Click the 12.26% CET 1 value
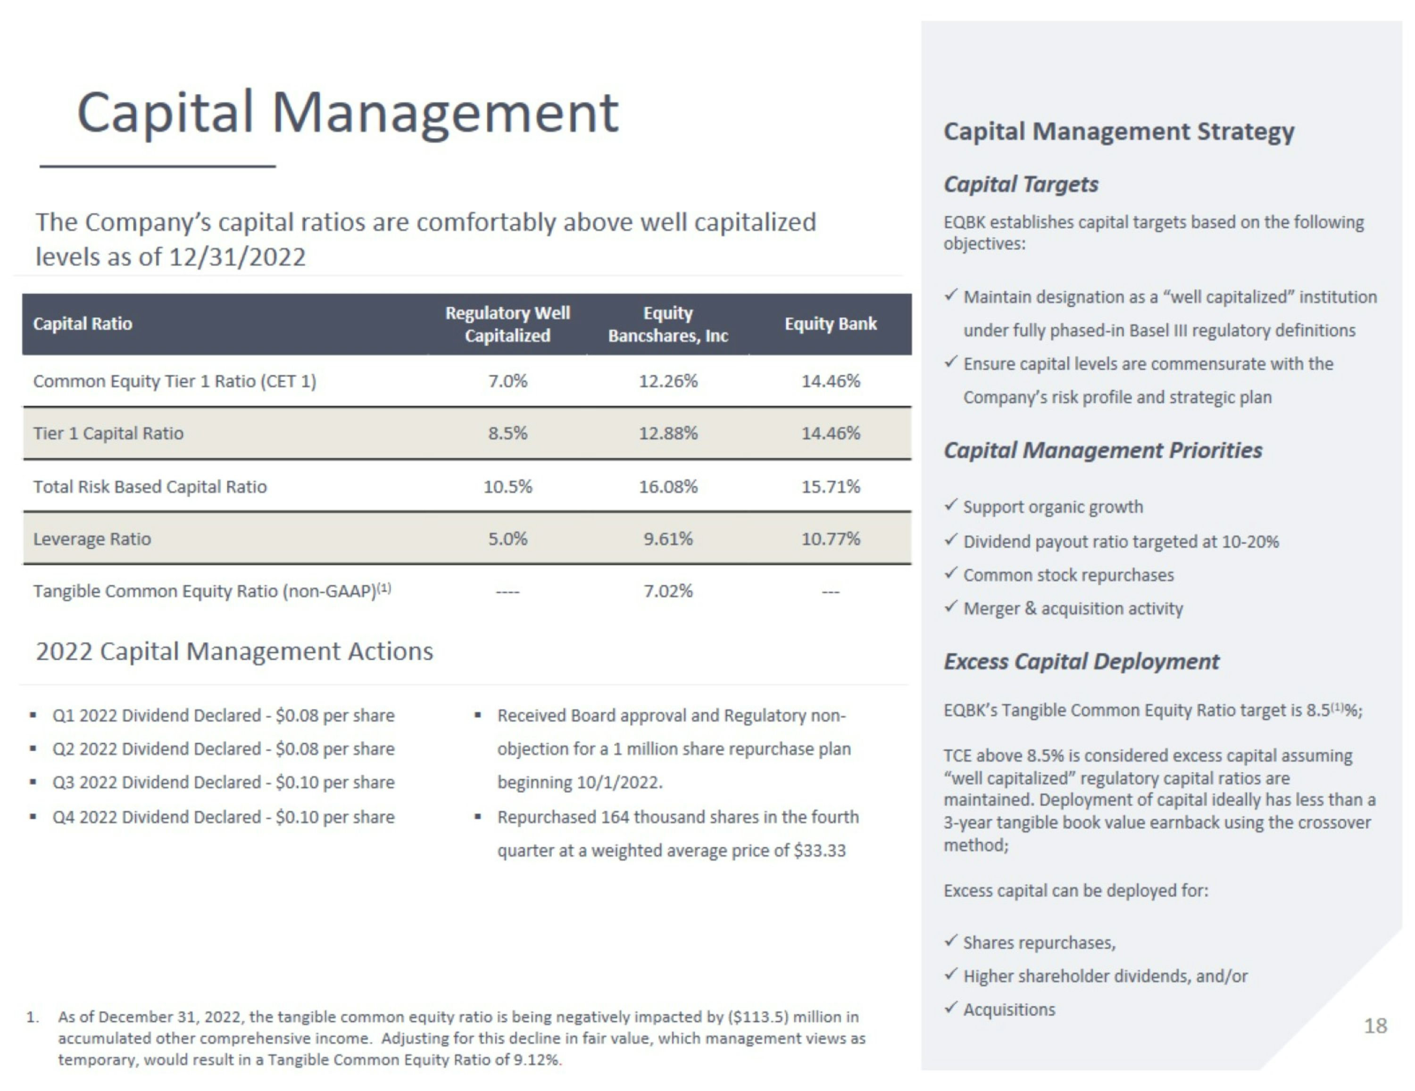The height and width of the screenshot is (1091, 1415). point(668,381)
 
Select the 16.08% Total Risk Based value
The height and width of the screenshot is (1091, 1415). point(668,486)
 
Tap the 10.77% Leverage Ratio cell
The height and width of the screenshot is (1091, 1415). point(831,539)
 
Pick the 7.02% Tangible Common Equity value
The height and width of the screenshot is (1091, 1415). point(668,591)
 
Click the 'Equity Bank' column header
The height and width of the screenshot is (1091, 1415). point(831,324)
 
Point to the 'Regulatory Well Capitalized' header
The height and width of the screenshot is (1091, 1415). point(508,324)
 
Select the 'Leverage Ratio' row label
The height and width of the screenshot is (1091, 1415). point(92,539)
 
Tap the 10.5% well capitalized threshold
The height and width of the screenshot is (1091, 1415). point(508,486)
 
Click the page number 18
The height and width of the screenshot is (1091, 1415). point(1375,1025)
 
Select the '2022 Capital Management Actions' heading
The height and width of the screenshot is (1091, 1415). point(234,651)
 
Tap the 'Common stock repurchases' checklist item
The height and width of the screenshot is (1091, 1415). point(1068,575)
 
